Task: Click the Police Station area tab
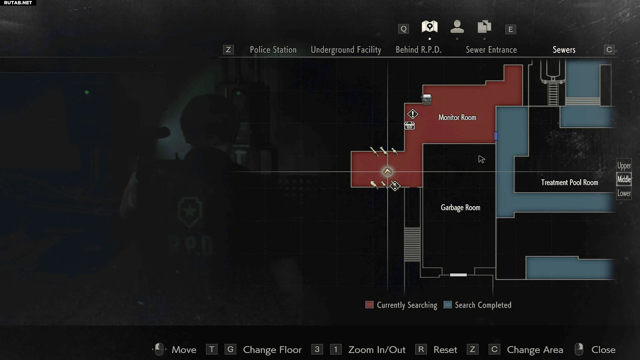coord(273,50)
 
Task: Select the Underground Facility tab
coord(346,50)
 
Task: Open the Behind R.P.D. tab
coord(418,50)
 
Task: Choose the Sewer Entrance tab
coord(491,50)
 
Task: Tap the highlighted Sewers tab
coord(564,50)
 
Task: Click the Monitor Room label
coord(457,118)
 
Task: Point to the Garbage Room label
coord(460,208)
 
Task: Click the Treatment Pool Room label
coord(569,183)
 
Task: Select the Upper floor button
coord(624,166)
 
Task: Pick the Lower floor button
coord(624,193)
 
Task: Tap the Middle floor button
coord(624,179)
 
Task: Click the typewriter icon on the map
coord(427,99)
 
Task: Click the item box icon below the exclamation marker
coord(409,126)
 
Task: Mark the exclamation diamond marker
coord(413,114)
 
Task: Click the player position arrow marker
coord(387,172)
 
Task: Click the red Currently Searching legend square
coord(369,305)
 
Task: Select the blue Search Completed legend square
coord(448,305)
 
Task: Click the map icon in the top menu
coord(430,27)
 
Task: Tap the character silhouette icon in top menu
coord(457,27)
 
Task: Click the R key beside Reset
coord(421,349)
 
